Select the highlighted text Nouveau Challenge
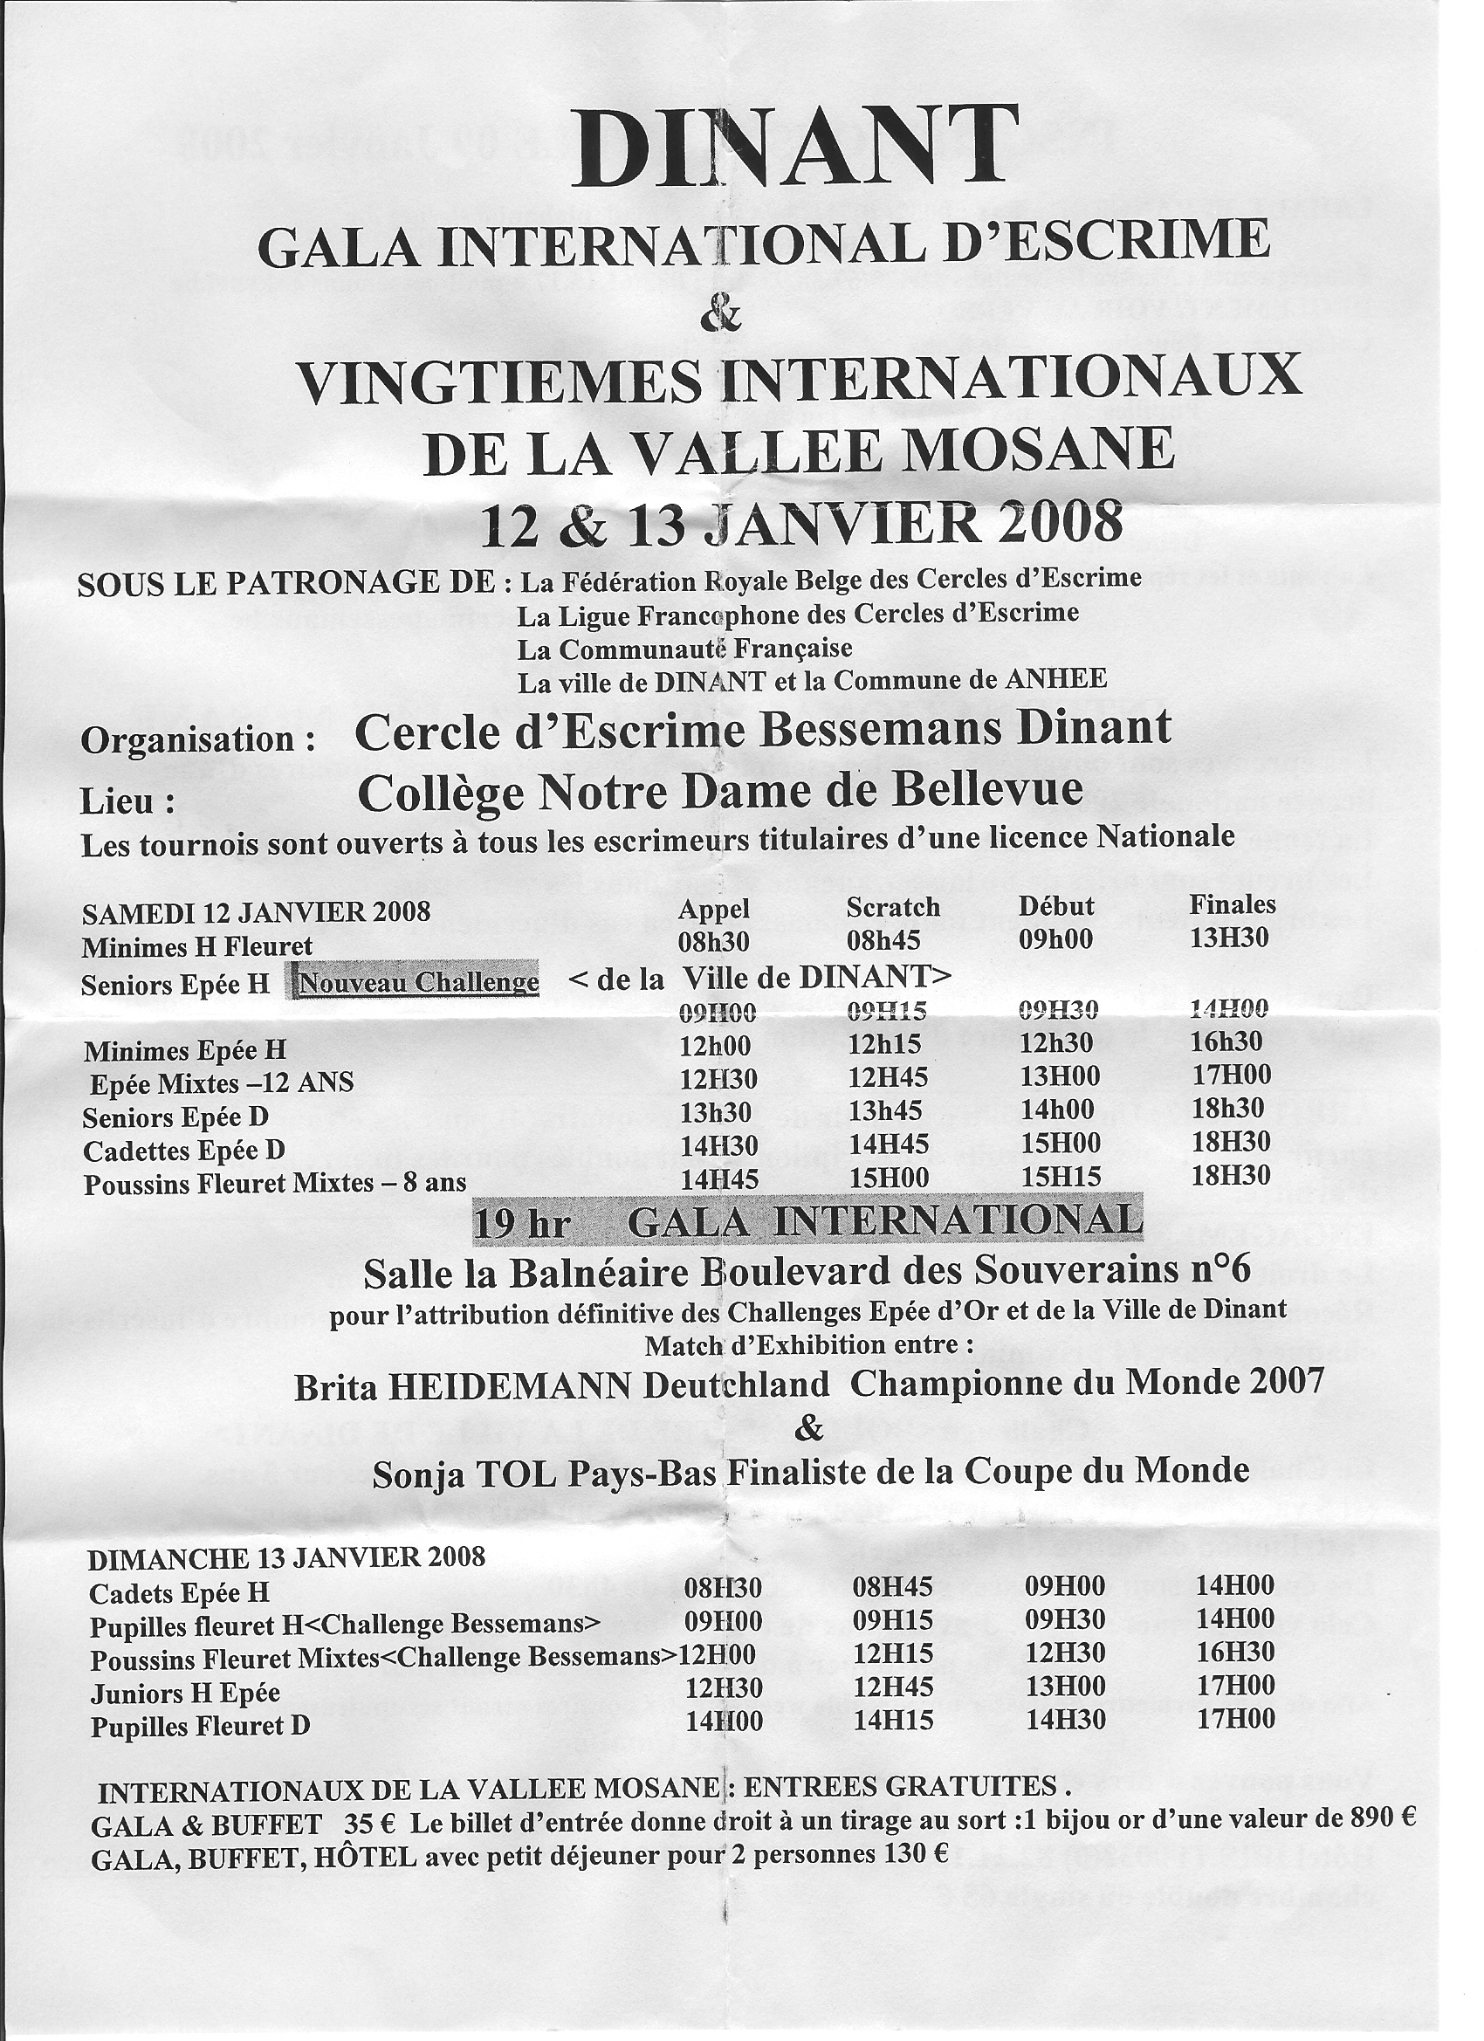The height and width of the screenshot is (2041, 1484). (417, 982)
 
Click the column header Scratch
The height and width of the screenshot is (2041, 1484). (893, 907)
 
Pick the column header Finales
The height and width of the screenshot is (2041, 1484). (1232, 904)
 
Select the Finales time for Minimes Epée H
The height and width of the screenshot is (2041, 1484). (1228, 1042)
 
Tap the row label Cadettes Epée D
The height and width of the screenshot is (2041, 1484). (183, 1150)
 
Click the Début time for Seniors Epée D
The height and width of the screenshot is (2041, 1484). (1057, 1110)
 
